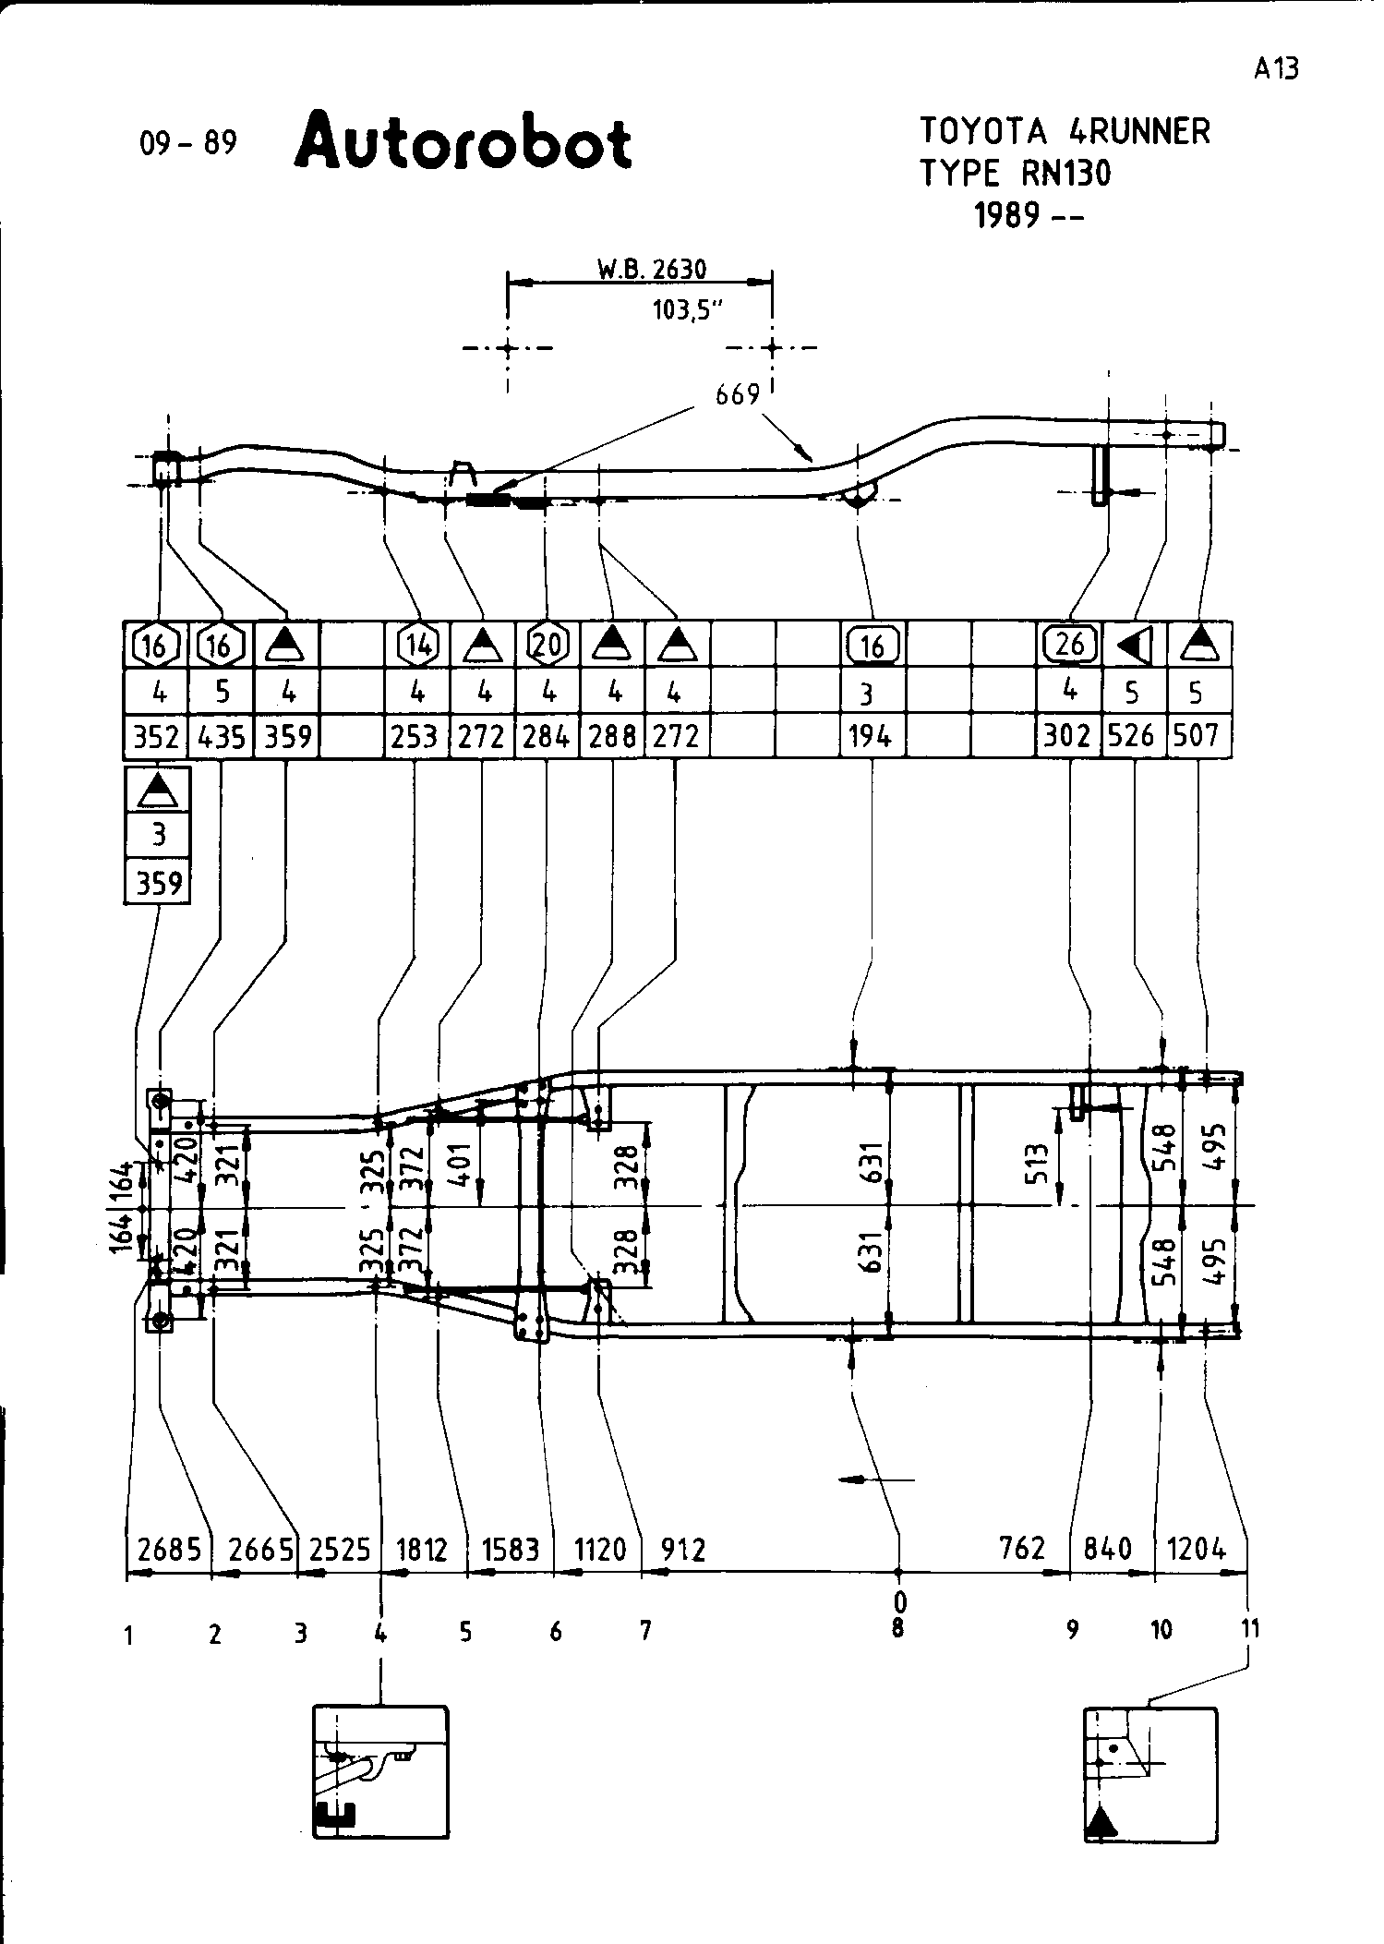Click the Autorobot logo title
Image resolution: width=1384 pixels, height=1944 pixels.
pyautogui.click(x=463, y=142)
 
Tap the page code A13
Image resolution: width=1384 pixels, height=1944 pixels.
pyautogui.click(x=1276, y=68)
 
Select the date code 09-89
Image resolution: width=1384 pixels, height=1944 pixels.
pyautogui.click(x=188, y=143)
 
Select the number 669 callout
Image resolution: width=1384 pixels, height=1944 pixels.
pyautogui.click(x=737, y=395)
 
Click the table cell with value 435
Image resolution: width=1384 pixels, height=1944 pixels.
pyautogui.click(x=222, y=736)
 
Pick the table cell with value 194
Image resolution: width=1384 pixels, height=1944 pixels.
pyautogui.click(x=872, y=736)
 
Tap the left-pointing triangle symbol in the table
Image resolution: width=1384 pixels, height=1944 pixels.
pyautogui.click(x=1133, y=646)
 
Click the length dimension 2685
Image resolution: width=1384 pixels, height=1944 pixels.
pyautogui.click(x=169, y=1549)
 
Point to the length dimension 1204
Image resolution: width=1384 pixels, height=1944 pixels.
pyautogui.click(x=1197, y=1549)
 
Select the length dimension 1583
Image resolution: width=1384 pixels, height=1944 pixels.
pyautogui.click(x=510, y=1549)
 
